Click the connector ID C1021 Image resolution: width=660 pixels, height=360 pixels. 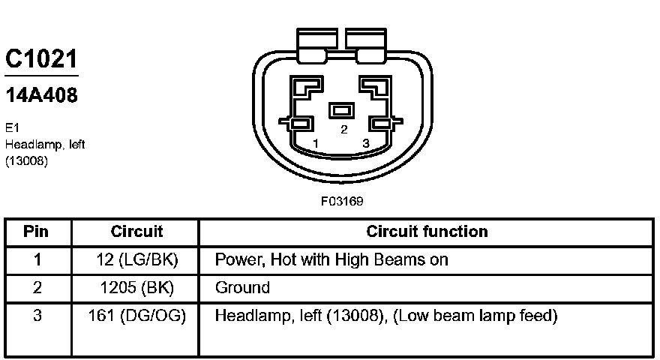click(x=41, y=59)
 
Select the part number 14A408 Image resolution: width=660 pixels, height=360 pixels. click(x=41, y=96)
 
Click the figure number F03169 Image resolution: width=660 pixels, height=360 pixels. click(x=343, y=201)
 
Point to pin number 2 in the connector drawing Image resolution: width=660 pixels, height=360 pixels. click(x=344, y=129)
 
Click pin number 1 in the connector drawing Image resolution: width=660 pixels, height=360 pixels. click(x=316, y=143)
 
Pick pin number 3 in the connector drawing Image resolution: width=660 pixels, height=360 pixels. click(x=365, y=143)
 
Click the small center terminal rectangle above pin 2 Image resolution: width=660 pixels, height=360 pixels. click(x=342, y=110)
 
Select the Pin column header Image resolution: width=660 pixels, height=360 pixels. click(x=36, y=232)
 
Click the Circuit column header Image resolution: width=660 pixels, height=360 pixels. click(x=136, y=232)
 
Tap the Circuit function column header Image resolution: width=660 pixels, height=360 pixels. click(x=427, y=232)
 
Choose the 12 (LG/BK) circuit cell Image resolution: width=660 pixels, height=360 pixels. click(x=136, y=259)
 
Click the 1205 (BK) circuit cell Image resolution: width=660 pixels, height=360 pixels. click(x=136, y=288)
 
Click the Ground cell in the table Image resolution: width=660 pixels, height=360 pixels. click(x=242, y=288)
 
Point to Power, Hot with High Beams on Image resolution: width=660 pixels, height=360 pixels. click(x=331, y=259)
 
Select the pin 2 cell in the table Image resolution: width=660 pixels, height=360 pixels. click(x=36, y=288)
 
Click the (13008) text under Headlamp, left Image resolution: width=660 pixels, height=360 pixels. click(x=26, y=160)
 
